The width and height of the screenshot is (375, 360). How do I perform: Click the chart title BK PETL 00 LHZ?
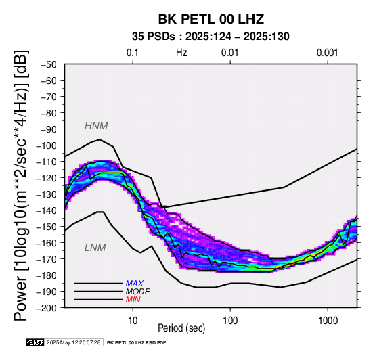[x=211, y=19]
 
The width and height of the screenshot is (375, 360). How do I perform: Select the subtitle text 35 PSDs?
[x=153, y=37]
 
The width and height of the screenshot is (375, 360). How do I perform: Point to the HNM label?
[x=96, y=126]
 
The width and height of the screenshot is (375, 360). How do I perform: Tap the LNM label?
[x=95, y=248]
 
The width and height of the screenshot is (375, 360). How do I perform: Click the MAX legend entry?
[x=135, y=284]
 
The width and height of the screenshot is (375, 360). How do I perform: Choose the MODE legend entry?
[x=138, y=292]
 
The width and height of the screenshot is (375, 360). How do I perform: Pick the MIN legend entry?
[x=133, y=300]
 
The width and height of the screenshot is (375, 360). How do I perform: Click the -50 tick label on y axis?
[x=49, y=64]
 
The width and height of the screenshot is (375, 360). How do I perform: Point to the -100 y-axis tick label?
[x=47, y=145]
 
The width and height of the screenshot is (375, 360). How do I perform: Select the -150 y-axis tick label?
[x=47, y=227]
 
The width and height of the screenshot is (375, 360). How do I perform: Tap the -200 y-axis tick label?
[x=47, y=308]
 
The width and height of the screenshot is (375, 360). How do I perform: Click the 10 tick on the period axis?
[x=133, y=321]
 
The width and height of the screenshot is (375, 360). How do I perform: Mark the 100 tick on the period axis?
[x=230, y=321]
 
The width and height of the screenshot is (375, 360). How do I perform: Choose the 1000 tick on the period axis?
[x=328, y=321]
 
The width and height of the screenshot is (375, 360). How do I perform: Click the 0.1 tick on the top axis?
[x=133, y=53]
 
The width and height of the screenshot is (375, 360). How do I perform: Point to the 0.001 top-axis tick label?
[x=328, y=53]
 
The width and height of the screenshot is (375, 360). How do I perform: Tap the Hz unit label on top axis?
[x=181, y=53]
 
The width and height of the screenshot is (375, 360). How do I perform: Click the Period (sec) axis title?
[x=181, y=328]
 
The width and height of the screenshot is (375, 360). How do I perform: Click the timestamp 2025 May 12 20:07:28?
[x=73, y=343]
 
